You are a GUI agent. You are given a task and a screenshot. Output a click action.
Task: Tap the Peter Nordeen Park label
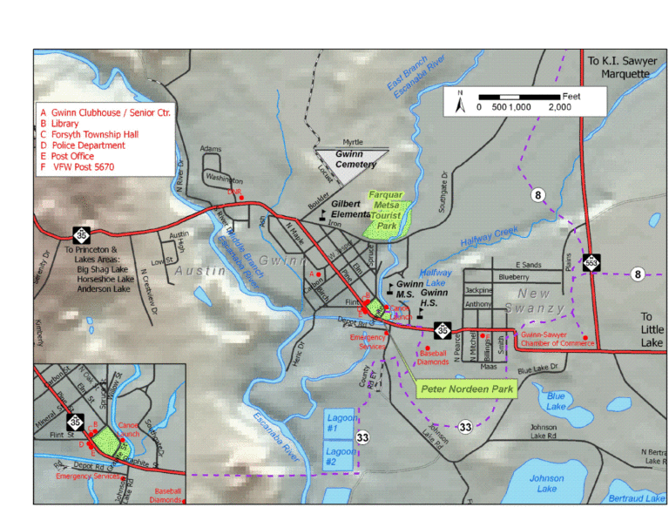point(467,389)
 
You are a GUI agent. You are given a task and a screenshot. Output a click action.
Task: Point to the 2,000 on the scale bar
point(559,107)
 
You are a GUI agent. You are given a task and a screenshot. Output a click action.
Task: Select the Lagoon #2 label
point(339,457)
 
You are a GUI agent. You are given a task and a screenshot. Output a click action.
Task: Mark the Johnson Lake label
point(546,483)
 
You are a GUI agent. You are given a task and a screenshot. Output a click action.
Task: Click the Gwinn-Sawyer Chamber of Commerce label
point(558,339)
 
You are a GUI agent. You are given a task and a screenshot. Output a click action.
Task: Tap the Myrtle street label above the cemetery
point(352,142)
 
